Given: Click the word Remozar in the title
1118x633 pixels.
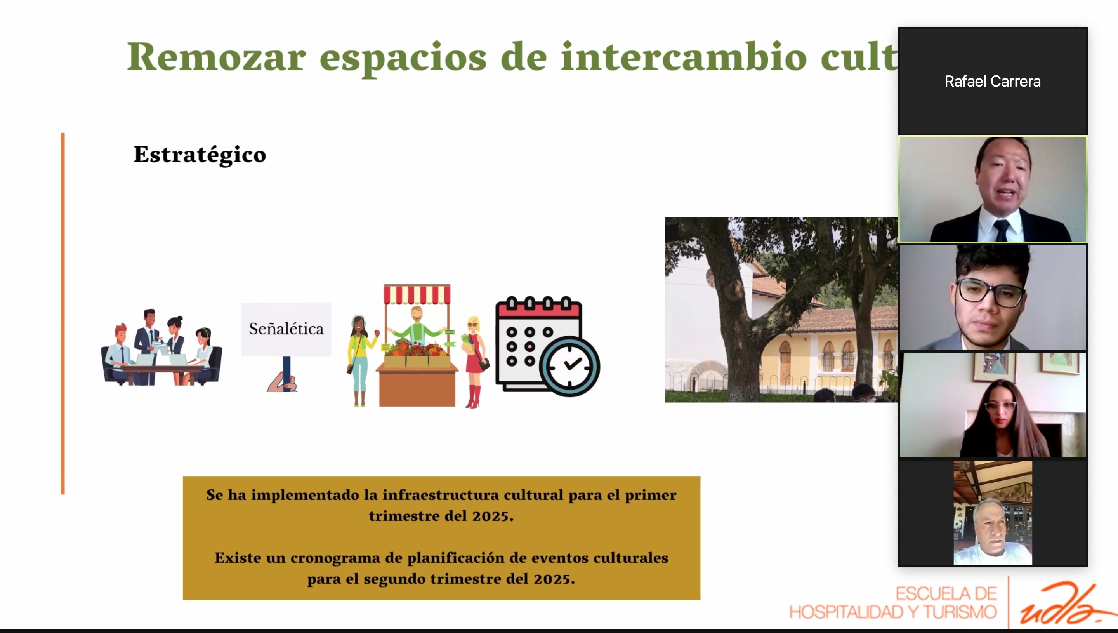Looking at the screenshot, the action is pos(216,57).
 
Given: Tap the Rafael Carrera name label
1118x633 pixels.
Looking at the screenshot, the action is pos(993,81).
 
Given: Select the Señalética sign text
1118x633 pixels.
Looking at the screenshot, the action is pos(286,329).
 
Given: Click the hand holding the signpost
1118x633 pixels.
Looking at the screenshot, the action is pos(283,383).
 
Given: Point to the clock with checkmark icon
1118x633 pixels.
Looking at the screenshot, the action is pos(569,366).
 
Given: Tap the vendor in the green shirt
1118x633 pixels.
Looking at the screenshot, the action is pos(417,324).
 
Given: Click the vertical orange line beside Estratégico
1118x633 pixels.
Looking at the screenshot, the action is pos(63,313).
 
